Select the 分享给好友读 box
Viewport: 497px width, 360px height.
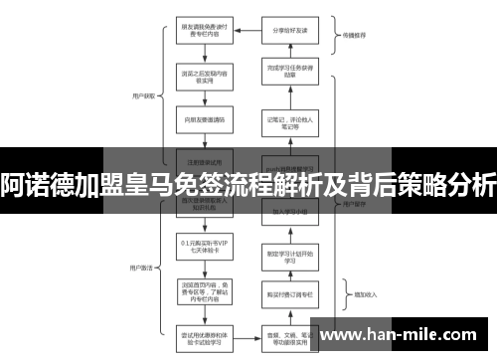289,29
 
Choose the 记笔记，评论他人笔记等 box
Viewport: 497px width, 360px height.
289,122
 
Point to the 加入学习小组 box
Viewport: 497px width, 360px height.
289,212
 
